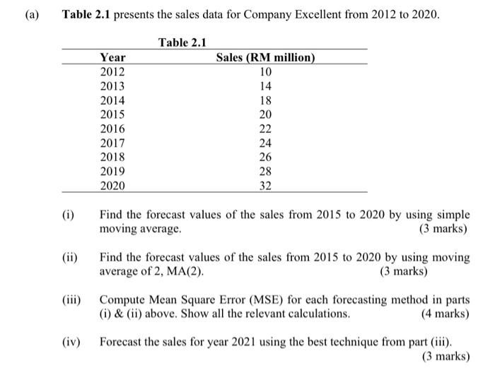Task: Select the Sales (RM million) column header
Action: [x=265, y=57]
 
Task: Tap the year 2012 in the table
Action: [x=112, y=71]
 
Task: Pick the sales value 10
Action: [x=265, y=71]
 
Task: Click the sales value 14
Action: [x=265, y=85]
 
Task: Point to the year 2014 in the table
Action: [x=112, y=100]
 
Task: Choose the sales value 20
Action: [x=265, y=114]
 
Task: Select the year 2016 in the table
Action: [x=112, y=129]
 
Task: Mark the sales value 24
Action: [x=265, y=143]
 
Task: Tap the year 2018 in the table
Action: [x=112, y=158]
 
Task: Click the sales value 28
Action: [x=265, y=172]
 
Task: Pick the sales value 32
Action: [x=265, y=186]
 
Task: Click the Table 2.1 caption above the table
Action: [x=182, y=42]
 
